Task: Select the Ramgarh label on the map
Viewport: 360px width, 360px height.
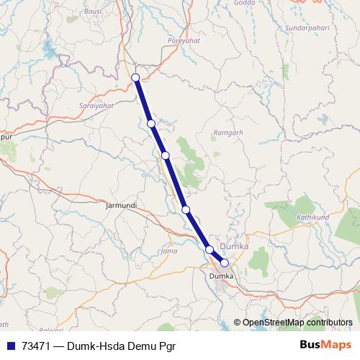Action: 230,133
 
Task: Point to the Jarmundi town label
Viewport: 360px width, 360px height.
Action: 121,205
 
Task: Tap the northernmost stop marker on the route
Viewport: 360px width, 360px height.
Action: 135,77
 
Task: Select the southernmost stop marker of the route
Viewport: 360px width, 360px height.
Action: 225,263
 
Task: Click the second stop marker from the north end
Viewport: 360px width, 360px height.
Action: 151,123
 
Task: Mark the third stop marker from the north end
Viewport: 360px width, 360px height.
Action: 165,155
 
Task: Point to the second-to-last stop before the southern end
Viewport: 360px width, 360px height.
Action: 210,249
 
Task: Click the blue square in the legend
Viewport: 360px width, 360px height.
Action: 11,345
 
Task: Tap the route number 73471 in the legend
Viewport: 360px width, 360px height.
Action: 37,345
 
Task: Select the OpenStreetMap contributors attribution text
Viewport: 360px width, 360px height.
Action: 297,323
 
